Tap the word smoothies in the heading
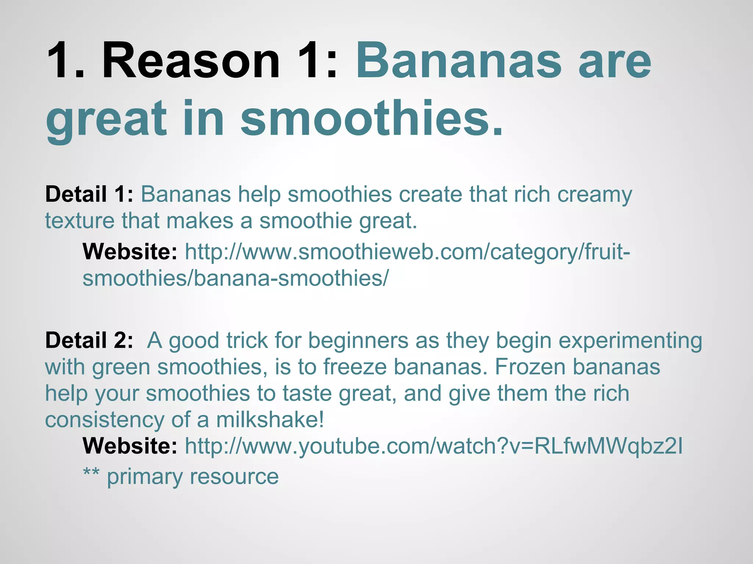click(371, 118)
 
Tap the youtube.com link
click(433, 446)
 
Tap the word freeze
click(355, 367)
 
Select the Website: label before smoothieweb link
click(130, 252)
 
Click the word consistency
click(104, 420)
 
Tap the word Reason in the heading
click(191, 61)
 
